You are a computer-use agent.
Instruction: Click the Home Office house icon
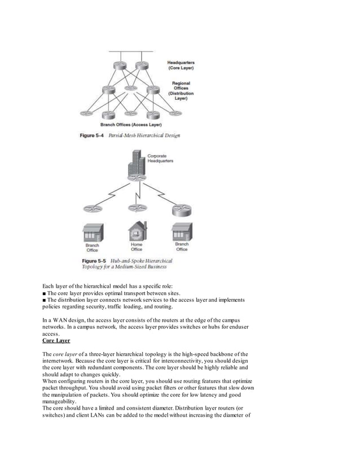pyautogui.click(x=137, y=232)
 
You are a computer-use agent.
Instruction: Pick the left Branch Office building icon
pyautogui.click(x=92, y=232)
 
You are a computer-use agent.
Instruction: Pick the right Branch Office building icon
pyautogui.click(x=181, y=232)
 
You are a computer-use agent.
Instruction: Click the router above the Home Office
pyautogui.click(x=137, y=208)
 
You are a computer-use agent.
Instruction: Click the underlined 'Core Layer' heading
pyautogui.click(x=56, y=341)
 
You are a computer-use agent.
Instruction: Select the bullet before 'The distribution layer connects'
pyautogui.click(x=45, y=302)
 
